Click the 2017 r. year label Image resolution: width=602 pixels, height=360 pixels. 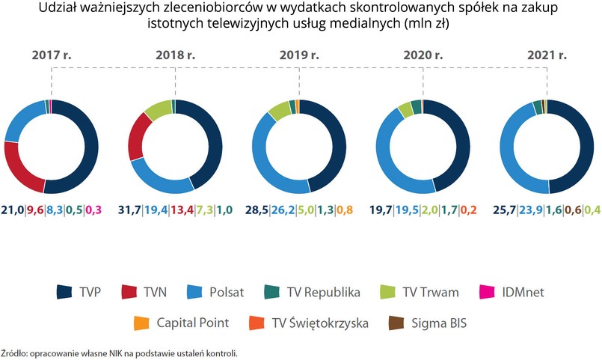tap(51, 55)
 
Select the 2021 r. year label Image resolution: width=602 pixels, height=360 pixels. tap(547, 55)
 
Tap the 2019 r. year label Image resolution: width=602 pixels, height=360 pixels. tap(299, 55)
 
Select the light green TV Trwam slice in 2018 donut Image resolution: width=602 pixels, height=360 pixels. tap(156, 110)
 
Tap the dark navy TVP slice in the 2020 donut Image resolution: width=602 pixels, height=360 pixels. tap(457, 142)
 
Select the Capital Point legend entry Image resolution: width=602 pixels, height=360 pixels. tap(179, 323)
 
